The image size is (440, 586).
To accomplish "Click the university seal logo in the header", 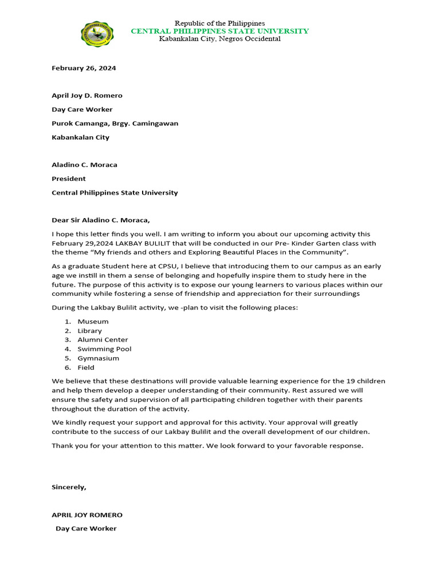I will (x=97, y=34).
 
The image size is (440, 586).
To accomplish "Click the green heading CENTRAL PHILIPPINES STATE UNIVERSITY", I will (x=219, y=31).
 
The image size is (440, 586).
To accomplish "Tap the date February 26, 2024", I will (x=84, y=68).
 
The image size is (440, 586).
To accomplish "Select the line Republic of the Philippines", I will (x=219, y=23).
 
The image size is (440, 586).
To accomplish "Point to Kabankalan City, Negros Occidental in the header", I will (x=219, y=39).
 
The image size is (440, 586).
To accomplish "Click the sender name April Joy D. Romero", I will (x=87, y=96).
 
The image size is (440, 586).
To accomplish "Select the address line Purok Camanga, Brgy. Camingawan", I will (x=115, y=123).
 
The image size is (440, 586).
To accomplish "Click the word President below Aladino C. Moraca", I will (x=69, y=179).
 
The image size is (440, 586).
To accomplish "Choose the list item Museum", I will (x=93, y=322).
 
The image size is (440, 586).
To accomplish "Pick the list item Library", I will (x=90, y=331).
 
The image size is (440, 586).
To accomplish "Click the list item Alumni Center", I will (x=103, y=340).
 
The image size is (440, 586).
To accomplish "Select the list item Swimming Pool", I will (x=104, y=349).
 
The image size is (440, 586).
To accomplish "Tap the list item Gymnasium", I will (x=99, y=358).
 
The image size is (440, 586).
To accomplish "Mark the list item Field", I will (x=86, y=367).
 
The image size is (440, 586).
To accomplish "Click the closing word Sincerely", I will (x=69, y=487).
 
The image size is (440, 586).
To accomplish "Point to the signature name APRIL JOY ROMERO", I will (x=87, y=514).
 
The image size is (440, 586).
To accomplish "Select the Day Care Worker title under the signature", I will (x=86, y=528).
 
